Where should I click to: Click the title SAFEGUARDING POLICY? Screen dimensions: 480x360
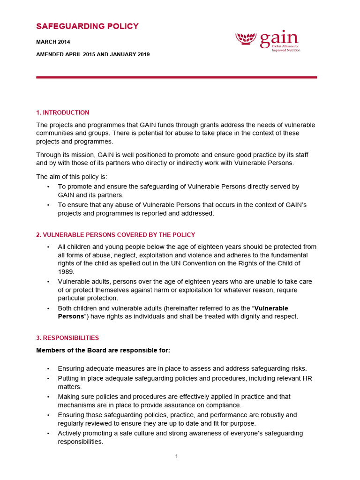(x=87, y=26)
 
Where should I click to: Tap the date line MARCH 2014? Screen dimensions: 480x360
(x=53, y=42)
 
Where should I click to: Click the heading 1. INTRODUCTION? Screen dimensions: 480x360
(x=62, y=112)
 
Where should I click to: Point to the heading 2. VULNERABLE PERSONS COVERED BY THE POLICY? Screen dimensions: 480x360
(x=115, y=235)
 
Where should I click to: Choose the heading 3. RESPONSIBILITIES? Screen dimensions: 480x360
(x=67, y=337)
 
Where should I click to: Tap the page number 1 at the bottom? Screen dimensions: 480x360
(x=177, y=457)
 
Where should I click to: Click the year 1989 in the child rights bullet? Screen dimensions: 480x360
(x=66, y=271)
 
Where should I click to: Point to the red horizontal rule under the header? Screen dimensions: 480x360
(x=176, y=77)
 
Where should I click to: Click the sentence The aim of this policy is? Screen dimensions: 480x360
(x=72, y=177)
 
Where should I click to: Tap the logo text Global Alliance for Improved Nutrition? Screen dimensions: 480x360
(x=286, y=48)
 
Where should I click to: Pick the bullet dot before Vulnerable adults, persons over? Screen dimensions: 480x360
(x=48, y=282)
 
